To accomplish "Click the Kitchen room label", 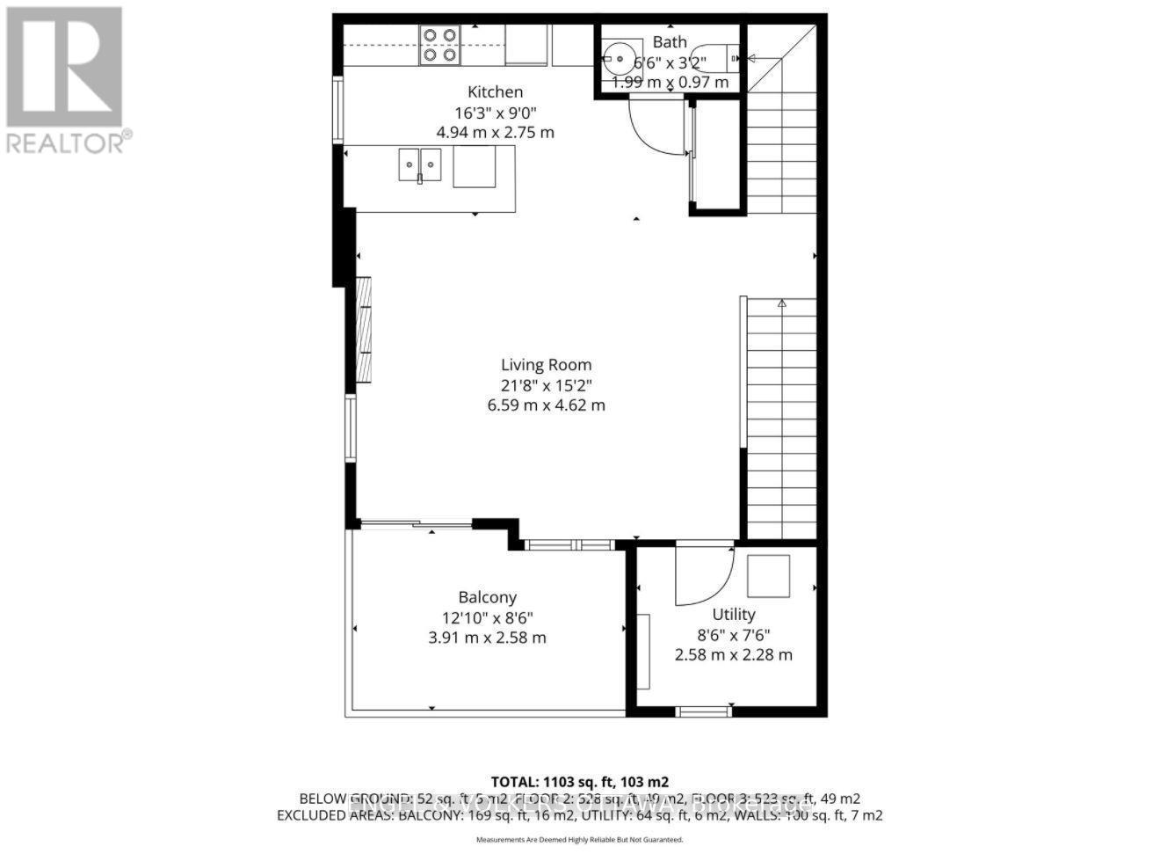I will click(495, 91).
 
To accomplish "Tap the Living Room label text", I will click(546, 364).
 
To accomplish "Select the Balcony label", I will click(487, 596).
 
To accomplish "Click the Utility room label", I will click(733, 614).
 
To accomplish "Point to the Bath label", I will click(670, 41).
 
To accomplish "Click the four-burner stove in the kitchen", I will click(439, 45).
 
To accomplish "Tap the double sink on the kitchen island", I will click(420, 164).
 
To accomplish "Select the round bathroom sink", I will click(620, 60).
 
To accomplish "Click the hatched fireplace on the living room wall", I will click(363, 329).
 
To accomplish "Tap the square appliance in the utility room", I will click(768, 576).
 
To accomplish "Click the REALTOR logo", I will click(67, 80).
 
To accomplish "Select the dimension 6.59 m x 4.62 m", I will click(546, 405).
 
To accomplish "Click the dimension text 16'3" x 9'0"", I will click(495, 112).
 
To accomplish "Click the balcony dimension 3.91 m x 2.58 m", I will click(487, 637).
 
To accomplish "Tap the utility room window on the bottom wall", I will click(704, 711).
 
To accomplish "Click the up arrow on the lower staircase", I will click(781, 303).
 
